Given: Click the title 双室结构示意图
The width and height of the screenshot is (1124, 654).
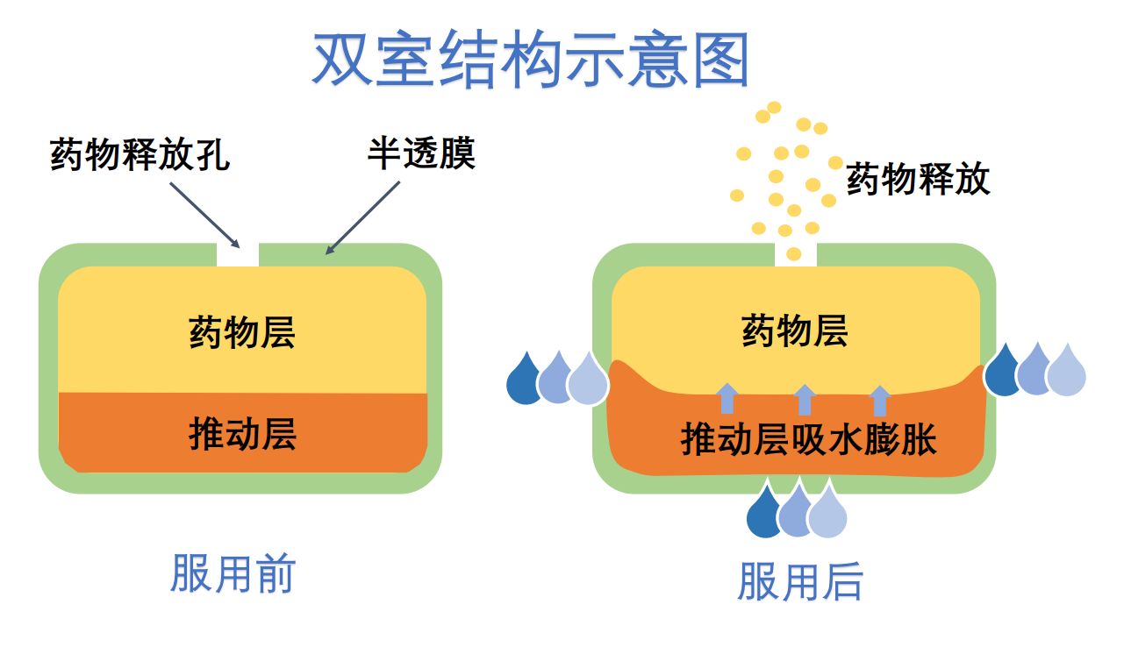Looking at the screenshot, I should point(531,60).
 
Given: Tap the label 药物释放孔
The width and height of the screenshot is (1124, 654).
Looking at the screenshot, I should point(140,155).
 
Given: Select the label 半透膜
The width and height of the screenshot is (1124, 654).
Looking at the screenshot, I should point(421,153).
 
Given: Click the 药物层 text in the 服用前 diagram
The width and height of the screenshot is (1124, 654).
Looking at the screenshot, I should point(242,333).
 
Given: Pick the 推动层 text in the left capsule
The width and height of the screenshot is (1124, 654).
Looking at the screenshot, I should point(242,433).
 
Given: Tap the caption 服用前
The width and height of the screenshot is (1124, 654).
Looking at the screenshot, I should point(233,575).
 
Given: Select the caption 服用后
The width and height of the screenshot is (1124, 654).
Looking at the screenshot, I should point(800,581).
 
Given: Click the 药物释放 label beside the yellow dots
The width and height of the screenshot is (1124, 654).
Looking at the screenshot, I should point(918,179).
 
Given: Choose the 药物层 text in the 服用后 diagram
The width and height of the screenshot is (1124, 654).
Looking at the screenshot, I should point(795,332).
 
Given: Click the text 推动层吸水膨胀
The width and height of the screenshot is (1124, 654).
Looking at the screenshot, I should point(809,438).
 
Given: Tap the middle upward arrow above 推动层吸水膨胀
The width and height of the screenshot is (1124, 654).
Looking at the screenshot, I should point(804,399).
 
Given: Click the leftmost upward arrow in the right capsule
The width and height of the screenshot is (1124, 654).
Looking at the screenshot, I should point(727,398).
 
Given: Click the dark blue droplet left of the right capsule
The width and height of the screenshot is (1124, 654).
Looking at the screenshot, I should point(525,380).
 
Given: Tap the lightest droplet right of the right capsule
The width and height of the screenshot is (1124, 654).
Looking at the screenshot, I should point(1067,372).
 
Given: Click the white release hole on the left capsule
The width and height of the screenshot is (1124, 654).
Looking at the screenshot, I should point(238,255).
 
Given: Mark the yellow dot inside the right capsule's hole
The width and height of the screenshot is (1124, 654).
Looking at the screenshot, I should point(794,254).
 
